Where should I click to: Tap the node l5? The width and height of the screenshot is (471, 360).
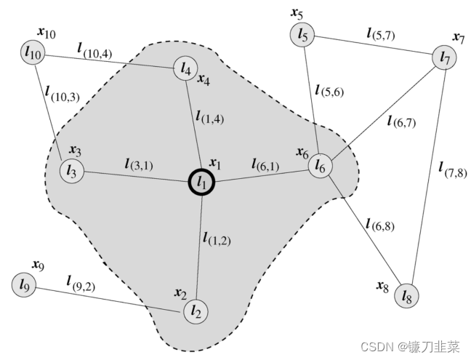pos(303,34)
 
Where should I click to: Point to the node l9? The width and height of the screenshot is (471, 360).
pos(24,284)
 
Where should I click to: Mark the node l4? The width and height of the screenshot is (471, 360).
pos(184,69)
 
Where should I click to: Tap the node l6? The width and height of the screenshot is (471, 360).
pos(320,167)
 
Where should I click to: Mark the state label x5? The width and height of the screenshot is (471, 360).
pos(297,13)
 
